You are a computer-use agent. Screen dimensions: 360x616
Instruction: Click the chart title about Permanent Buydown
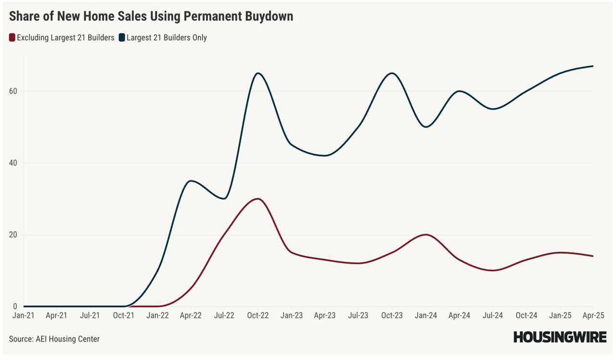(x=151, y=17)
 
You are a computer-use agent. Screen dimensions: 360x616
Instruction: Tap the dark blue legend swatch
(x=122, y=38)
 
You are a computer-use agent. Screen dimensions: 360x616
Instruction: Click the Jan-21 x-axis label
(x=23, y=316)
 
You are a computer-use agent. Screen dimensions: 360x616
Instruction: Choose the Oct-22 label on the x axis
(x=257, y=316)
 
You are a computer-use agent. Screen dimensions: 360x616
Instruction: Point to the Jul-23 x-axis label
(x=358, y=316)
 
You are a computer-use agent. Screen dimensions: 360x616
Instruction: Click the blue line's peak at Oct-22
(x=258, y=73)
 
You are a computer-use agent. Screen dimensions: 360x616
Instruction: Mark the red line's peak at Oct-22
(x=258, y=199)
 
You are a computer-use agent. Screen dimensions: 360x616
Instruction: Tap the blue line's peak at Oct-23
(x=392, y=73)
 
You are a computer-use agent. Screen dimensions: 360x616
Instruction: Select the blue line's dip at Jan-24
(x=425, y=127)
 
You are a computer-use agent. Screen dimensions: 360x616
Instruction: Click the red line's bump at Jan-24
(x=425, y=235)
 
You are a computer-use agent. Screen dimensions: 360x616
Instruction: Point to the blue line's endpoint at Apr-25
(x=592, y=66)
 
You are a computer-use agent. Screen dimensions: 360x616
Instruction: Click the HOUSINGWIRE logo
(x=560, y=337)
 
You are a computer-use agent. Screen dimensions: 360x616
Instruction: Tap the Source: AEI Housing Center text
(x=54, y=339)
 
